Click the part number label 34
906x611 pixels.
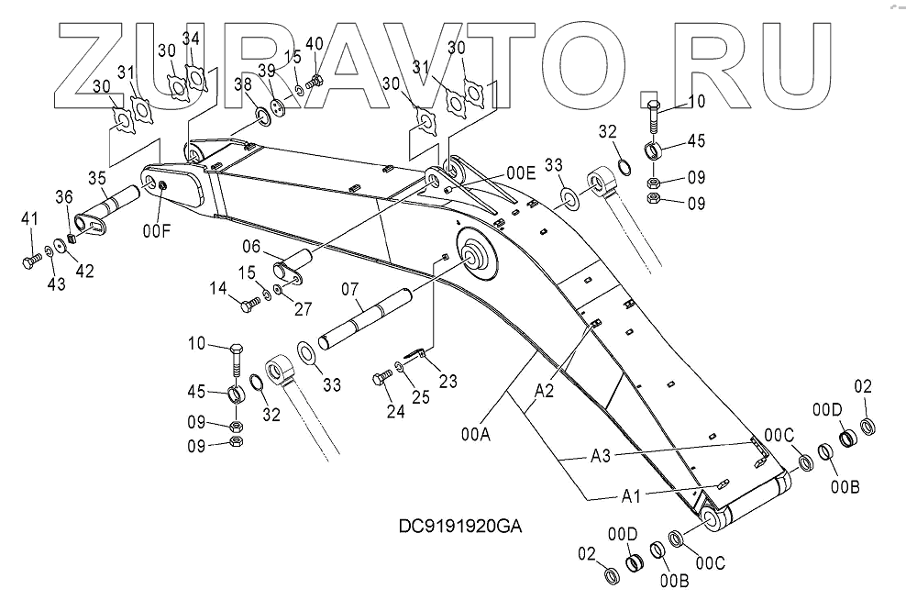[191, 39]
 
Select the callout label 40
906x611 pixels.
[314, 44]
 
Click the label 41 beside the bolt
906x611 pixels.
[30, 217]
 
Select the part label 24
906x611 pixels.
[395, 412]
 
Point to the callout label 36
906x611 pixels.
[63, 195]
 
